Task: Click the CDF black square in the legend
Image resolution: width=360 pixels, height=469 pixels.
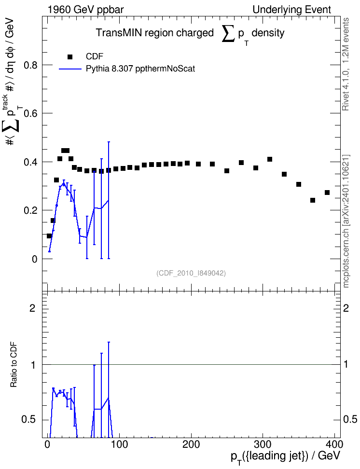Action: click(70, 57)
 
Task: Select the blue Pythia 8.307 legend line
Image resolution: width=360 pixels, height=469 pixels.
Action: click(70, 69)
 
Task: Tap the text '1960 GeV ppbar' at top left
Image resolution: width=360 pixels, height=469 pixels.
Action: click(85, 10)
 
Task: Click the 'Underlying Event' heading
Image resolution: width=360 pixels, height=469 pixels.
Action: click(292, 10)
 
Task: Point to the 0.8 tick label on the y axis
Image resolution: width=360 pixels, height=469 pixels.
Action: click(30, 65)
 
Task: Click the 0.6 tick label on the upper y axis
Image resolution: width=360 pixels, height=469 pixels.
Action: click(30, 113)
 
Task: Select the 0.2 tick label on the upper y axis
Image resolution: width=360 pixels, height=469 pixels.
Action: click(30, 210)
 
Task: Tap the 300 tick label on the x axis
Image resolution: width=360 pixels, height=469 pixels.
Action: click(263, 444)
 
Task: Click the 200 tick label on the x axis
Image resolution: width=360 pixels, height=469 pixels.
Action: click(191, 444)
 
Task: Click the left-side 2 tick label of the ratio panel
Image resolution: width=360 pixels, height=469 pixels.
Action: click(32, 308)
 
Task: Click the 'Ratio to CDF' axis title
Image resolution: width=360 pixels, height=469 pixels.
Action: click(14, 365)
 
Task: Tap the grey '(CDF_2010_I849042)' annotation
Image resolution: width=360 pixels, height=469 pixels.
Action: click(191, 273)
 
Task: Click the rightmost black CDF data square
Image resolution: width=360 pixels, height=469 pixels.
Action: click(327, 193)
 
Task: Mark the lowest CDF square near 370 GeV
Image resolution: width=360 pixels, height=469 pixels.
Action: click(313, 200)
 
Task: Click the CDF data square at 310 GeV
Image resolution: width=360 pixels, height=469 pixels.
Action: click(270, 159)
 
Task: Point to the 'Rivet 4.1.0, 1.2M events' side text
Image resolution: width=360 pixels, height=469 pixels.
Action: click(346, 64)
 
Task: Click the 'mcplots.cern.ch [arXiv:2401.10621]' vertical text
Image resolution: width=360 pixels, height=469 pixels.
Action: click(346, 221)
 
